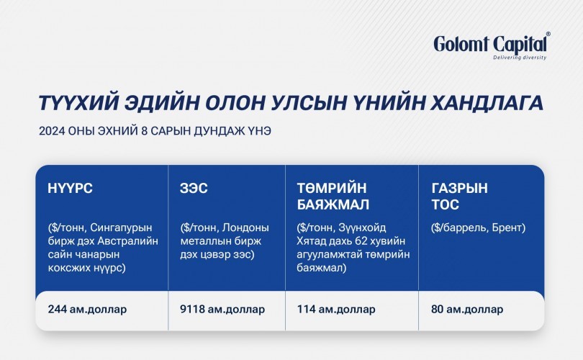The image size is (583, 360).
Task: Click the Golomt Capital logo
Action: pyautogui.click(x=492, y=46)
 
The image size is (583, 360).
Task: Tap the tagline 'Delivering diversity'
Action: pyautogui.click(x=520, y=58)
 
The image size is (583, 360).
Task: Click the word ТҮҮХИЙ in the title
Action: pyautogui.click(x=78, y=103)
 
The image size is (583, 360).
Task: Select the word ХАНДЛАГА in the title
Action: pyautogui.click(x=487, y=103)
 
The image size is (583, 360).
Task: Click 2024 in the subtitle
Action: pyautogui.click(x=52, y=131)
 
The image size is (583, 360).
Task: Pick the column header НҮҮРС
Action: pyautogui.click(x=70, y=188)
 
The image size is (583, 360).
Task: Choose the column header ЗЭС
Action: pyautogui.click(x=194, y=188)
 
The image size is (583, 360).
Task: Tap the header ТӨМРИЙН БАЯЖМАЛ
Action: pyautogui.click(x=333, y=197)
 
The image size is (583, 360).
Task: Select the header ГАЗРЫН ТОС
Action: pyautogui.click(x=459, y=197)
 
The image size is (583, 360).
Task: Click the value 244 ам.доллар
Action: pyautogui.click(x=87, y=310)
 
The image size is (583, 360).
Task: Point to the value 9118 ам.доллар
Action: pyautogui.click(x=222, y=310)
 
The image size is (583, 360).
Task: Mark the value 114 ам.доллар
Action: pyautogui.click(x=336, y=310)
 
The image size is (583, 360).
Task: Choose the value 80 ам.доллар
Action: pyautogui.click(x=467, y=310)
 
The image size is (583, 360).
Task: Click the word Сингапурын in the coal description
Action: pyautogui.click(x=121, y=228)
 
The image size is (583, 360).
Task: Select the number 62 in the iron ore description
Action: pyautogui.click(x=361, y=241)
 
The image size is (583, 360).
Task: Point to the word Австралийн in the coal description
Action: pyautogui.click(x=128, y=241)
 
